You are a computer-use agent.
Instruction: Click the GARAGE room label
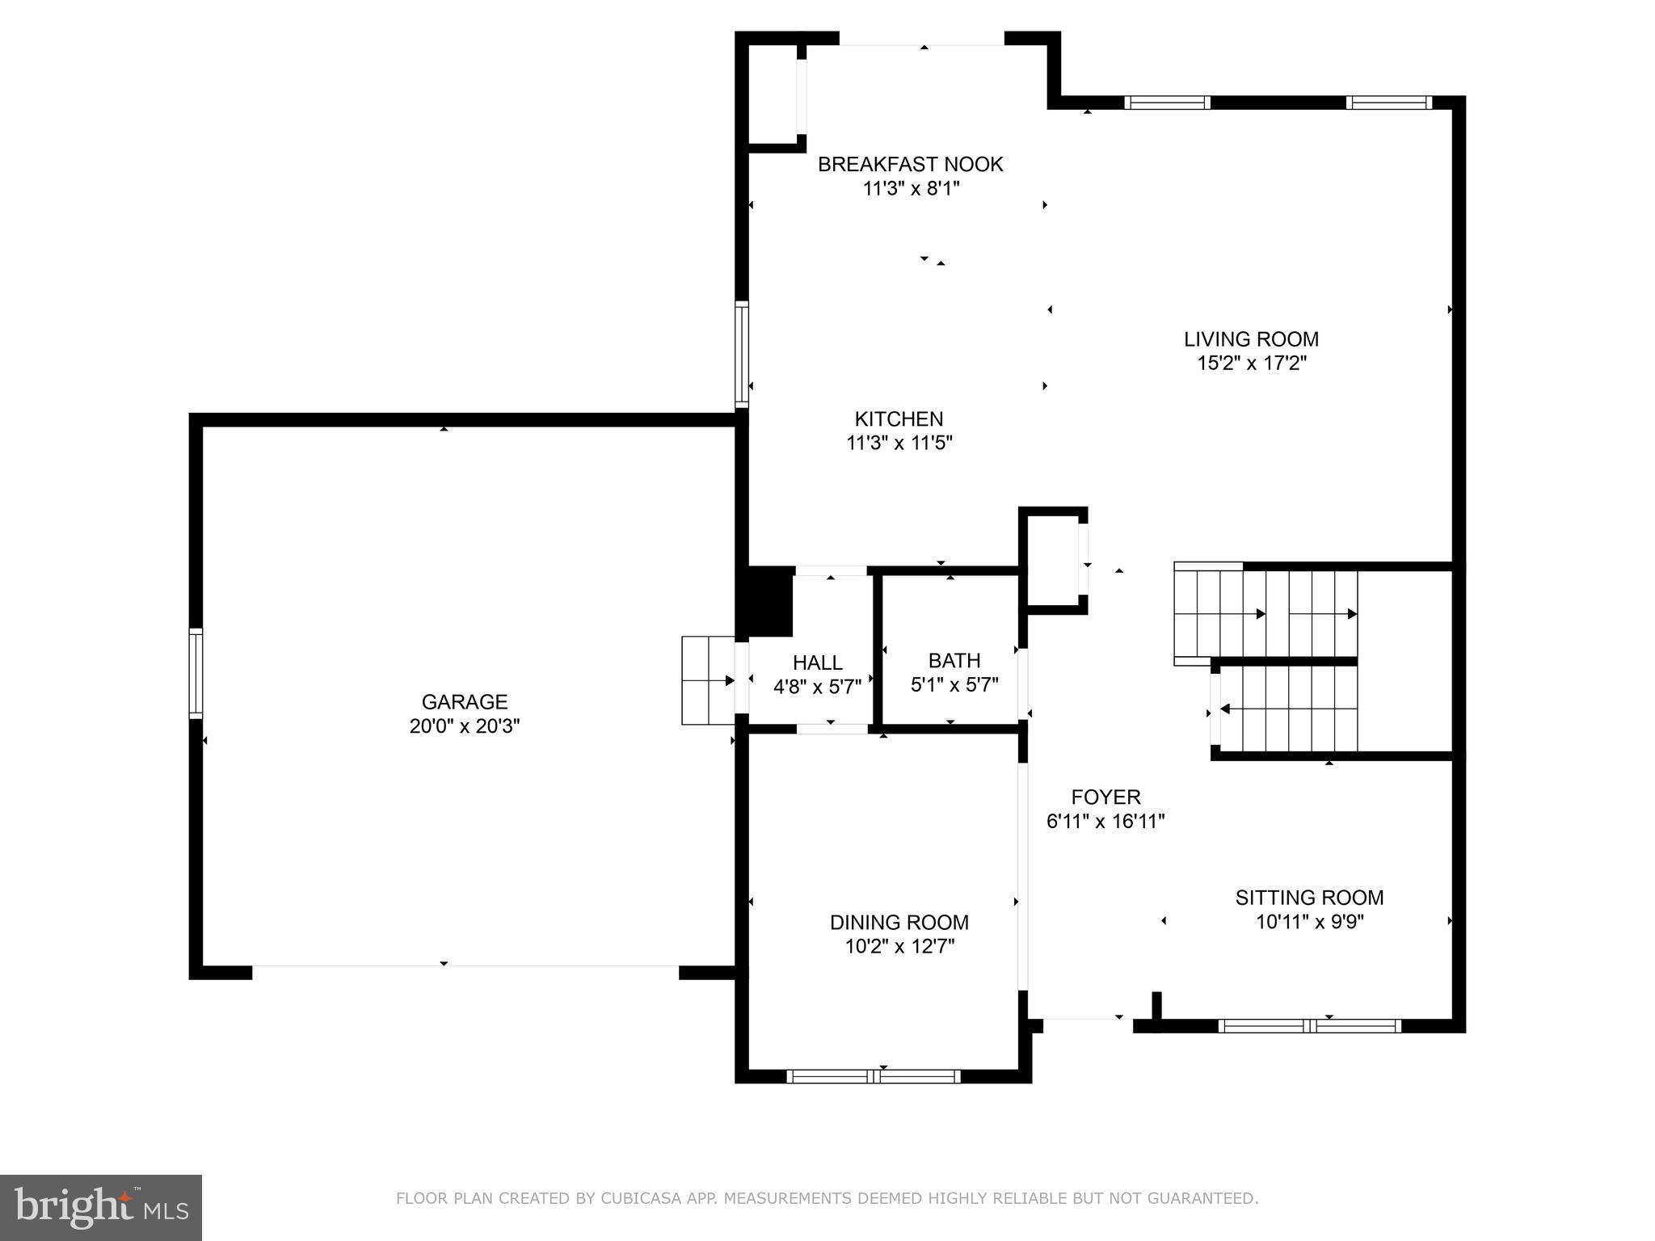(464, 701)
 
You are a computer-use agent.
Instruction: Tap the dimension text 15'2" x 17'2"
(1251, 363)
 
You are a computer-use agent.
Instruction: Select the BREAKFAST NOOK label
(910, 164)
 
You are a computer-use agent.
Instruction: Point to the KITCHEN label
(899, 419)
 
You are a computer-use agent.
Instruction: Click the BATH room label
(954, 661)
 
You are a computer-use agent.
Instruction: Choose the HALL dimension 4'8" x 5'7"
(817, 687)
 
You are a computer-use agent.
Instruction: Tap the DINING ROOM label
(899, 922)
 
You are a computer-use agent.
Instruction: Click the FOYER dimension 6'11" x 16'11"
(1105, 822)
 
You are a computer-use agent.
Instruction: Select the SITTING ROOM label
(1308, 898)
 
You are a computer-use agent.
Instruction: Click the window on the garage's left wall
(196, 673)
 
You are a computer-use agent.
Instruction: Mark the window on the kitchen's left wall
(741, 354)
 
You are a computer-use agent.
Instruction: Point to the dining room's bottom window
(873, 1076)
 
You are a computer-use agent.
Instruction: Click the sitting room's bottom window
(1309, 1026)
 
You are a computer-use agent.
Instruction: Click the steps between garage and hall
(707, 680)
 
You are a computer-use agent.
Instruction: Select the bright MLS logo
(100, 1207)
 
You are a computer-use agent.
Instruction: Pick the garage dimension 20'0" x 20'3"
(464, 726)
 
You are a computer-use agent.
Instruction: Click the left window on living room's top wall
(1166, 103)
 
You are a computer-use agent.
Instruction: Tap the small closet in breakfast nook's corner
(773, 95)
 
